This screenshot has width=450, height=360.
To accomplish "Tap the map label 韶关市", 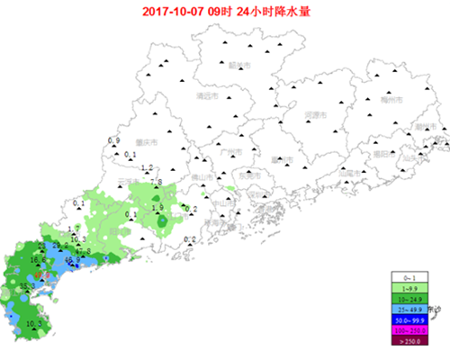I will [x=240, y=65].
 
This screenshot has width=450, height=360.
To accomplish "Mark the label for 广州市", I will [x=229, y=152].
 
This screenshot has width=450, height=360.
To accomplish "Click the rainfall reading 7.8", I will [x=155, y=183].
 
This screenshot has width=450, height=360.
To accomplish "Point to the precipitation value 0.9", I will [x=113, y=141].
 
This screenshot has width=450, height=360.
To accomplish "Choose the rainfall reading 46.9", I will [x=73, y=260].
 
